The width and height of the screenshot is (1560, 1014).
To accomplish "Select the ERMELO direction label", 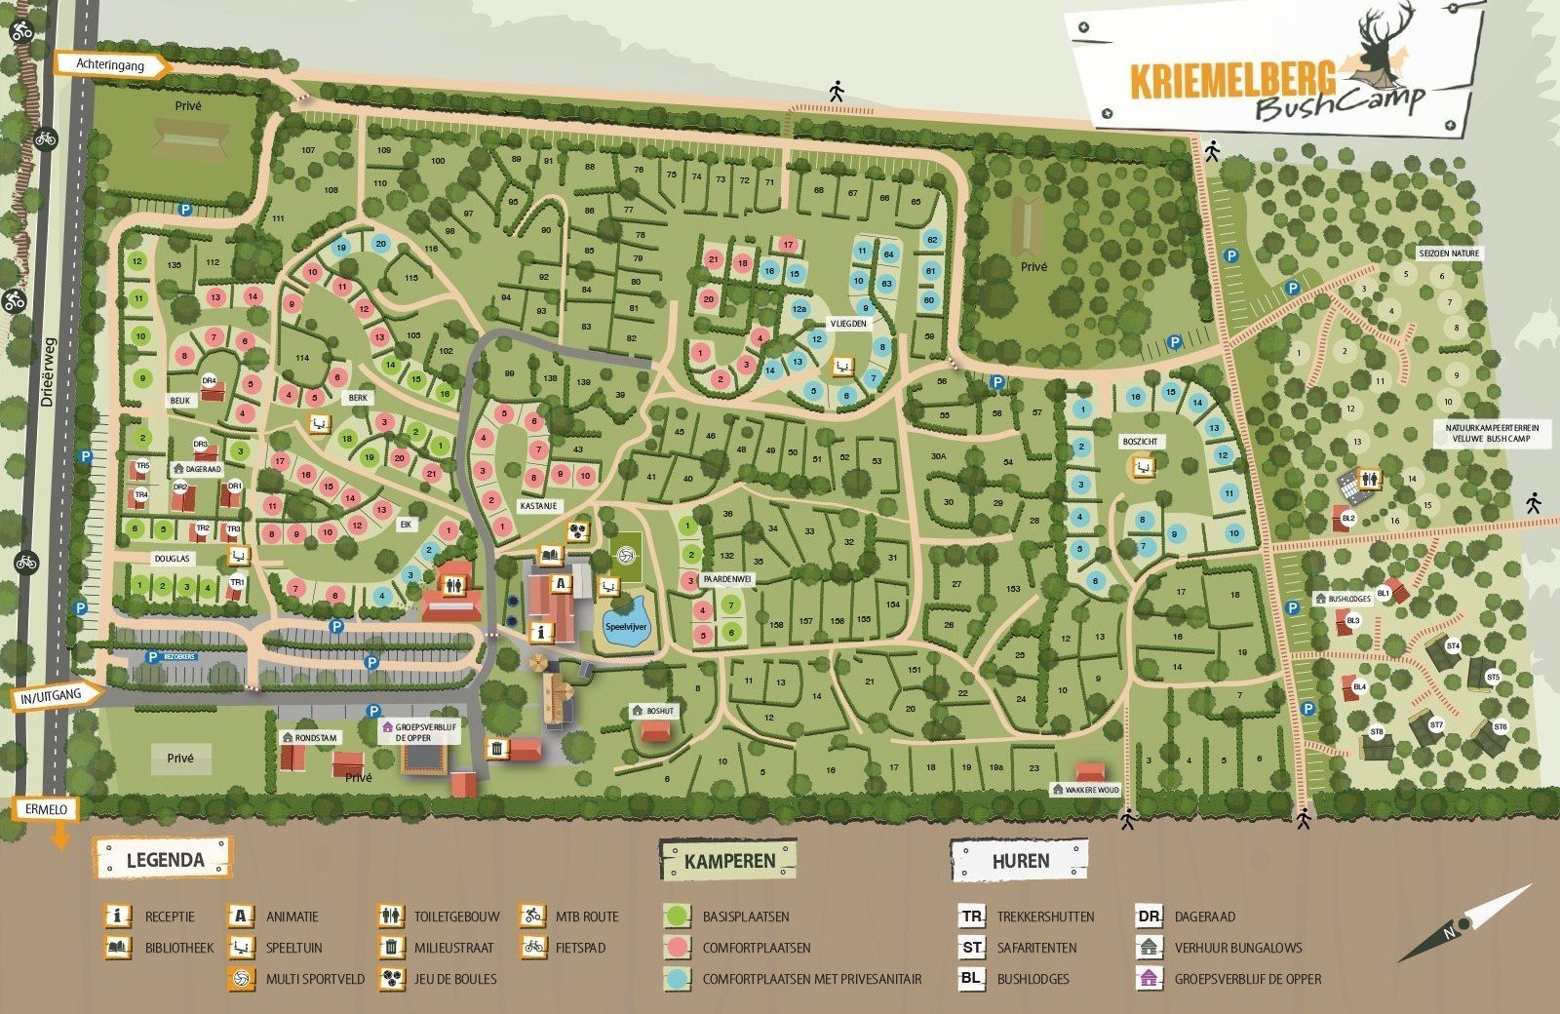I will click(46, 809).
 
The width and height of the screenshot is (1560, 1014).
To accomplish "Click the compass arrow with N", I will click(1464, 923).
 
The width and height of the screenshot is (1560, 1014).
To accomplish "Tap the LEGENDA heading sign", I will click(164, 859).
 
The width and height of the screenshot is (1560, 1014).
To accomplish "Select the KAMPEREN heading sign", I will click(728, 861).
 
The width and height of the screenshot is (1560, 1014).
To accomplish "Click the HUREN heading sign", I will click(1020, 861).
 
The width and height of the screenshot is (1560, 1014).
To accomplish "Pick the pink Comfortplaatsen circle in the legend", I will click(677, 947).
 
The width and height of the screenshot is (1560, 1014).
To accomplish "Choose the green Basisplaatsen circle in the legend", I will click(677, 916).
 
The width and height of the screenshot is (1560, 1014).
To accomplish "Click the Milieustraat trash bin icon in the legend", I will click(390, 947).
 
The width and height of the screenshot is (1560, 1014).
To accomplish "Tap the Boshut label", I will click(660, 711).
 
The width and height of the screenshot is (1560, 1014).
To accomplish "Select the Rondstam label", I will click(315, 738).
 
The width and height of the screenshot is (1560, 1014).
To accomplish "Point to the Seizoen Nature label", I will click(1450, 253).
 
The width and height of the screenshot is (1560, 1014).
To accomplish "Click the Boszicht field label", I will click(1140, 442).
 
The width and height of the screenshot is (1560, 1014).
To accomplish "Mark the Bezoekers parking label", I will click(178, 657).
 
